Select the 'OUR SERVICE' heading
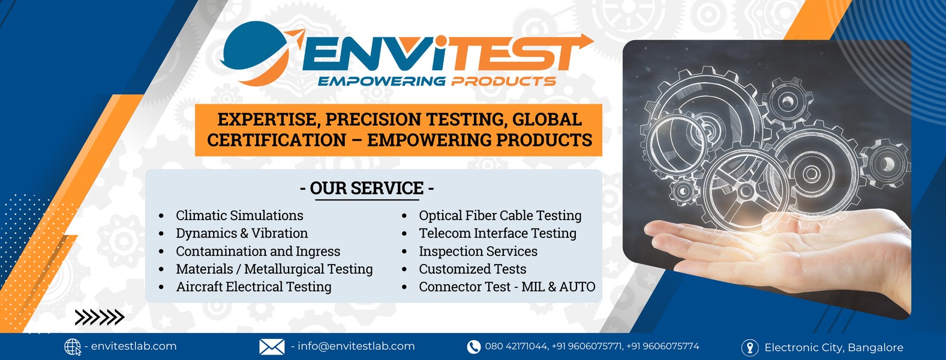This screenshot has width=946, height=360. coord(367,188)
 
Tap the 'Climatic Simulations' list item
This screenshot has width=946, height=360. coord(239,215)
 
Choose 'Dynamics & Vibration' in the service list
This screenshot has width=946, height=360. coord(242,233)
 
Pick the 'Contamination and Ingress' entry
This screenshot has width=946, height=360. coord(258,251)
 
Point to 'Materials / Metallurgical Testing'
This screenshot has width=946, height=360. coord(275,269)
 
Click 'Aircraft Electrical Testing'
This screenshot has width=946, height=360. coord(254,286)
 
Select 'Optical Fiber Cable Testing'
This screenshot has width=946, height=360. coord(500,215)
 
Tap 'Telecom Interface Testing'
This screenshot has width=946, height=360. coord(497,233)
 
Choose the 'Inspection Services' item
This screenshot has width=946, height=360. coord(478,251)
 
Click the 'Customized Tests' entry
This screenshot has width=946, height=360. coord(473,269)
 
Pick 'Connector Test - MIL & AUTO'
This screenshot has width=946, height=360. coord(507,286)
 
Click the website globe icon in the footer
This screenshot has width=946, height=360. coord(72,347)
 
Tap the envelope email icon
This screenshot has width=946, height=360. coord(272,347)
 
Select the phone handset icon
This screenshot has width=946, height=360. coord(474,347)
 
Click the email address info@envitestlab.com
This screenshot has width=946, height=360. coord(356,346)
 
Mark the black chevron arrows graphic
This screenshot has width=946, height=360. coord(100,317)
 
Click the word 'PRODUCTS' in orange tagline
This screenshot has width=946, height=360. coord(503,81)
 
